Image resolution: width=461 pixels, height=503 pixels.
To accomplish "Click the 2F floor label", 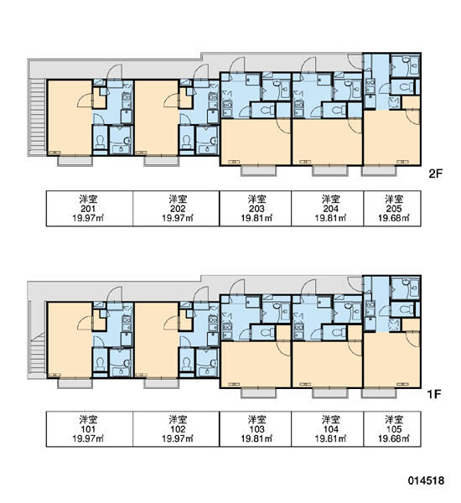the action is click(x=435, y=174).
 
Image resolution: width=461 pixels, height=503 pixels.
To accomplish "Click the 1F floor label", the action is click(x=434, y=394).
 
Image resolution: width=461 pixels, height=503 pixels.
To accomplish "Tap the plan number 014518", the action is click(x=426, y=480).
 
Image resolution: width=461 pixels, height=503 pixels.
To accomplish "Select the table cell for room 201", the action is click(x=90, y=209).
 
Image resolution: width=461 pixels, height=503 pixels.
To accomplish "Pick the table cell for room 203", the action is click(x=256, y=209).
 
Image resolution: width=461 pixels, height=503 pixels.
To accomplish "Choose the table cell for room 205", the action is click(x=392, y=209).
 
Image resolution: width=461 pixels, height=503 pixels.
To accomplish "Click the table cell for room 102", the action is click(x=176, y=429).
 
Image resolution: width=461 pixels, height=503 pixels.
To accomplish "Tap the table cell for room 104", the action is click(x=328, y=429).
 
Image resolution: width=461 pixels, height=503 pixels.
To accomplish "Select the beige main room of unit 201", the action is click(x=70, y=117).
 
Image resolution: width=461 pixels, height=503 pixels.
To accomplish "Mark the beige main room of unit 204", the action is click(x=327, y=142).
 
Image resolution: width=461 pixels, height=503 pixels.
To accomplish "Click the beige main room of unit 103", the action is click(x=256, y=365).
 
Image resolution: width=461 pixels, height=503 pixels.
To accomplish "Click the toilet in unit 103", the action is click(x=265, y=333).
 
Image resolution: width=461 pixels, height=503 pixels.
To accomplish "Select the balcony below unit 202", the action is click(x=161, y=161).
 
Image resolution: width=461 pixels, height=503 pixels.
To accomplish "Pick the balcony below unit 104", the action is click(x=329, y=392).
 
